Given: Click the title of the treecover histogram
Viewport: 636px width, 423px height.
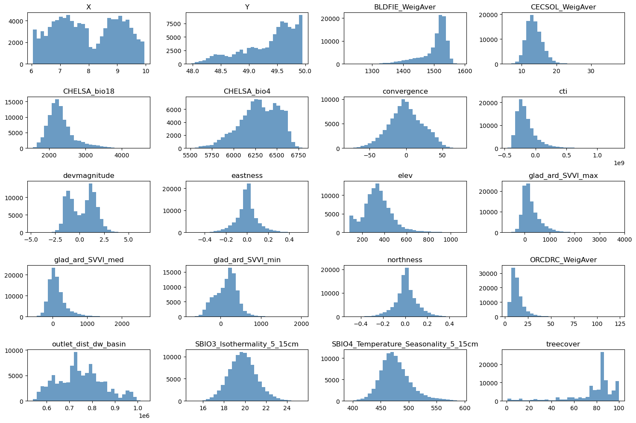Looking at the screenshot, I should coord(563,344).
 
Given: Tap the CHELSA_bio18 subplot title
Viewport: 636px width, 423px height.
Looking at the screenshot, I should coord(88,92).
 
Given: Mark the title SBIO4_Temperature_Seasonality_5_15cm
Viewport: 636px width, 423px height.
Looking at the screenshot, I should coord(404,344).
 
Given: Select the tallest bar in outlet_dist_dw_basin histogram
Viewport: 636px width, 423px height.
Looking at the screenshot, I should coord(76,376).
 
